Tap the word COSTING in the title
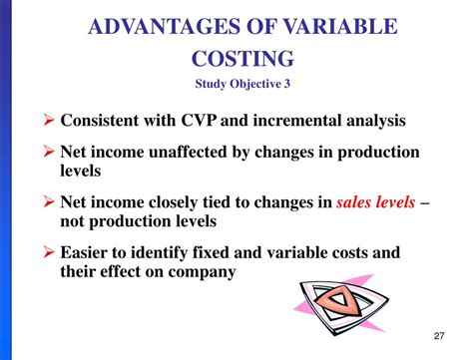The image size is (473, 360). tap(238, 59)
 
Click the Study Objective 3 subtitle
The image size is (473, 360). tap(237, 85)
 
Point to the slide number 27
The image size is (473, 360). tap(441, 336)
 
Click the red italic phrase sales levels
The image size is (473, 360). tap(375, 201)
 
